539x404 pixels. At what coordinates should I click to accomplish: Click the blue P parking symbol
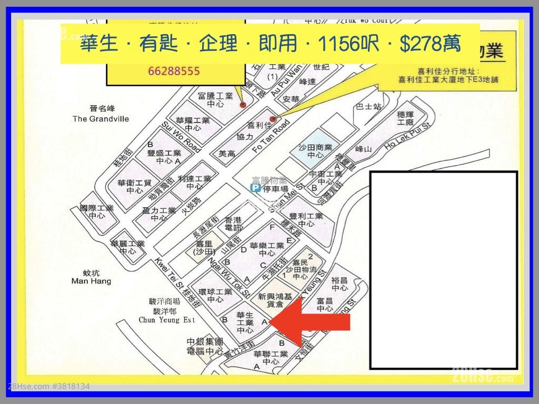256,188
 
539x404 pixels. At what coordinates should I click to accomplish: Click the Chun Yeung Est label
166,319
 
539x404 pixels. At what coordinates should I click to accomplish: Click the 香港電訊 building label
233,224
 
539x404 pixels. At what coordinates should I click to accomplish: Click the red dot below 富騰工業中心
243,105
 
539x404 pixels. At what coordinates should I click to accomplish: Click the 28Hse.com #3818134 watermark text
48,386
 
